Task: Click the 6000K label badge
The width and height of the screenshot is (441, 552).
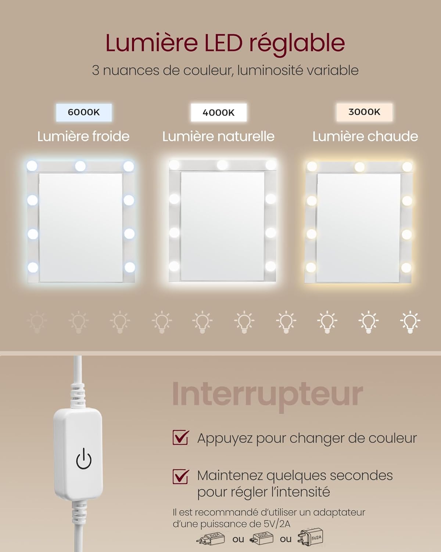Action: pos(84,112)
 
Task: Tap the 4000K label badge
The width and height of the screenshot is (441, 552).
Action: pos(219,113)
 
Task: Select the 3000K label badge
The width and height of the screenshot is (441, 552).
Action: pos(364,112)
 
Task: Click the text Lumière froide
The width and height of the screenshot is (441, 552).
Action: pos(83,137)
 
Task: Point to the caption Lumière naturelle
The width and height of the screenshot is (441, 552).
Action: pos(218,137)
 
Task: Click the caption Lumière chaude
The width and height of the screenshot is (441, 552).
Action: pos(365,137)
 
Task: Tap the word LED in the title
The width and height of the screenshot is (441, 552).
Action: pos(223,43)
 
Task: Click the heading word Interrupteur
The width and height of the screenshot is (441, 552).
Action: pos(267,394)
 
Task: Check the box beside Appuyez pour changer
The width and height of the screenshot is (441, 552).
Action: pos(181,438)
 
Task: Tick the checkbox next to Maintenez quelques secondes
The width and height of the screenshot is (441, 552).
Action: pos(181,476)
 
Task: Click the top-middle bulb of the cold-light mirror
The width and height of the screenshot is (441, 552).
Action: pos(80,166)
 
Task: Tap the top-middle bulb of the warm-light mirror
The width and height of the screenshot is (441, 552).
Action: pos(359,167)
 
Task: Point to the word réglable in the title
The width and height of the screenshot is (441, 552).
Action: pos(297,44)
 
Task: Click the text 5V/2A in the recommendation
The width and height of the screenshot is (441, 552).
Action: pos(277,524)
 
